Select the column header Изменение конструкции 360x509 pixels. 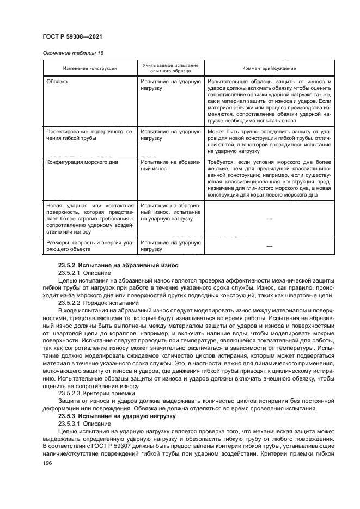click(x=89, y=69)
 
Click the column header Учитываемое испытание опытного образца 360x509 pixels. click(x=170, y=69)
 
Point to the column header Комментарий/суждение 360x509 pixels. click(x=269, y=69)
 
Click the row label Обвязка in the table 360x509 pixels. click(x=60, y=81)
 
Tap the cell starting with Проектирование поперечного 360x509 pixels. click(x=89, y=135)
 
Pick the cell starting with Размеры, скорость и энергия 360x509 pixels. click(x=89, y=246)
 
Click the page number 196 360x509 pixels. click(x=47, y=463)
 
